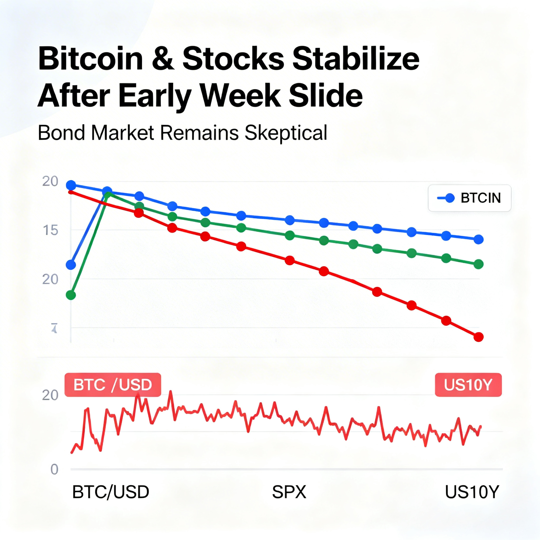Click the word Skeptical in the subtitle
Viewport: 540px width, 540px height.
coord(286,133)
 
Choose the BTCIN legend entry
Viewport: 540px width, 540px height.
coord(469,198)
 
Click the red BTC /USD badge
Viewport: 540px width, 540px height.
coord(113,385)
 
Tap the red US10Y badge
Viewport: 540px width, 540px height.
coord(468,385)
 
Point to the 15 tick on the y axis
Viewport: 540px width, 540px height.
coord(51,230)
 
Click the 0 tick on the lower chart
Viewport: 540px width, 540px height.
coord(55,470)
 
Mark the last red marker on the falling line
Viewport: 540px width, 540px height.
coord(479,337)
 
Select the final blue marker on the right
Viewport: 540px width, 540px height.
coord(479,239)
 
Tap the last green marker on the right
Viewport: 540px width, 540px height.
coord(479,264)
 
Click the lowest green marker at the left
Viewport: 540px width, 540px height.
coord(71,295)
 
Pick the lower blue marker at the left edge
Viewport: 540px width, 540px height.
coord(71,265)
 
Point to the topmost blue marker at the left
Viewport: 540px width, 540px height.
coord(71,185)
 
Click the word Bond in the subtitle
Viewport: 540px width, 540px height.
coord(61,133)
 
